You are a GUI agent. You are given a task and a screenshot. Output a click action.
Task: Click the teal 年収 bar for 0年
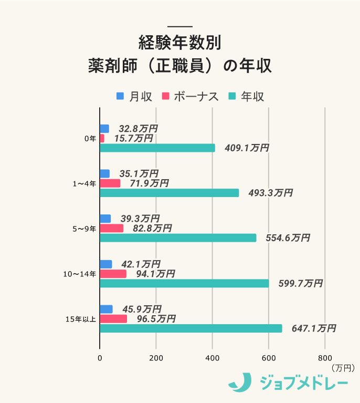click(157, 148)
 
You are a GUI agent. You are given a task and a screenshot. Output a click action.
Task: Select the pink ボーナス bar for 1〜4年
click(110, 183)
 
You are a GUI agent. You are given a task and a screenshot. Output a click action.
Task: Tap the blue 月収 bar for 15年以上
click(106, 309)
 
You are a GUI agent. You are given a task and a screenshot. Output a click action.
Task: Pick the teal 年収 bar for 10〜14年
click(184, 283)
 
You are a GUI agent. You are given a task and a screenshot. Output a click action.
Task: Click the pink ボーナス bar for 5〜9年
click(112, 228)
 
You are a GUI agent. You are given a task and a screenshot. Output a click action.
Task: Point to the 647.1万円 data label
click(313, 328)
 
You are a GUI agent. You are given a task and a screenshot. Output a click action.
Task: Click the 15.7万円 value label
click(133, 138)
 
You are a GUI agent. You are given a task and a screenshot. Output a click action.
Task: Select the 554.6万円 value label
click(288, 238)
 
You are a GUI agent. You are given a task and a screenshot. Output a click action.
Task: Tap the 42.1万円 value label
click(141, 264)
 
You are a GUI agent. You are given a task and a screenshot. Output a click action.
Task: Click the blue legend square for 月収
click(120, 96)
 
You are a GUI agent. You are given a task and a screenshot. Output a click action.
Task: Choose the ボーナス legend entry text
click(196, 97)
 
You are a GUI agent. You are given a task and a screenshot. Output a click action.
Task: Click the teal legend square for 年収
click(232, 96)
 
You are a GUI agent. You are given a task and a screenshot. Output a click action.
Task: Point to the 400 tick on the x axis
click(212, 358)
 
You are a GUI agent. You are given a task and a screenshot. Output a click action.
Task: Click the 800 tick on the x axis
click(325, 358)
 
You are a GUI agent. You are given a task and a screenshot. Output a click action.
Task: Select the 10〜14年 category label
click(79, 274)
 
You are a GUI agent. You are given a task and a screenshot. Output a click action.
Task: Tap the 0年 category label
click(90, 139)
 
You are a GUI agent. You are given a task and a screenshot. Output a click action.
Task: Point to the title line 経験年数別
click(180, 42)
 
